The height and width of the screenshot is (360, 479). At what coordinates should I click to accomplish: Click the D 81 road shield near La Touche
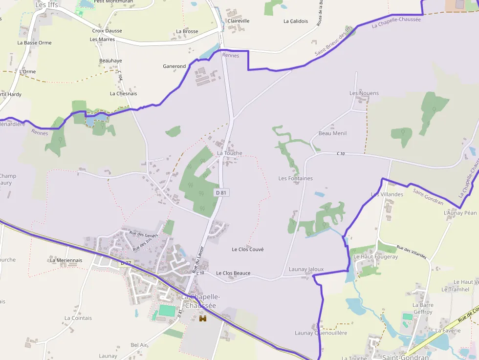pos(221,193)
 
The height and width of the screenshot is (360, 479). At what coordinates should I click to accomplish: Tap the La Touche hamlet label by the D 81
pos(230,153)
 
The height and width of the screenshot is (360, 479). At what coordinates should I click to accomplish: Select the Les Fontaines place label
pos(296,178)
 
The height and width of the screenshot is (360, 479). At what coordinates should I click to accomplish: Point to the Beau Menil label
pos(332,133)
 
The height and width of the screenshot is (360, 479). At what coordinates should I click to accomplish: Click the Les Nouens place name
pos(364,93)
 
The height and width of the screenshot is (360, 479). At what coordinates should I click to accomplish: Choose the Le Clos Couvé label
pos(248,250)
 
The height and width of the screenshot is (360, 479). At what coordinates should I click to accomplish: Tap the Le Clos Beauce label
pos(233,273)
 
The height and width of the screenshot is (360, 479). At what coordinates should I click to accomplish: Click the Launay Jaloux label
pos(306,269)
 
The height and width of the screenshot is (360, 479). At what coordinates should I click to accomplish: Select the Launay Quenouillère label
pos(321,333)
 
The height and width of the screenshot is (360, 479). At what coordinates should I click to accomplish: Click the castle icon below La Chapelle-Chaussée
pos(203,318)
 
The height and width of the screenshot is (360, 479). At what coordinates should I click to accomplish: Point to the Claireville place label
pos(239,21)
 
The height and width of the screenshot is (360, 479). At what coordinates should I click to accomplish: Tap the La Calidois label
pos(296,21)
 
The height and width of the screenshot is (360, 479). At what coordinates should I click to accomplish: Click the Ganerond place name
pos(174,66)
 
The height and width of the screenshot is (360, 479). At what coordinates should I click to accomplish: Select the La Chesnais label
pos(123,93)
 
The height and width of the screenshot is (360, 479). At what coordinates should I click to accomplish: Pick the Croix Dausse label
pos(107,31)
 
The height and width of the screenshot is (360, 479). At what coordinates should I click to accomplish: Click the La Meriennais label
pos(66,260)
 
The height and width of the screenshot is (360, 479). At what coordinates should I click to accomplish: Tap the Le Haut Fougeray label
pos(375,256)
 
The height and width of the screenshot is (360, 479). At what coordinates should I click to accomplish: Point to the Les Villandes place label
pos(387,194)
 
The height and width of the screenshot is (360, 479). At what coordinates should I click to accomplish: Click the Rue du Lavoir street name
pos(197,259)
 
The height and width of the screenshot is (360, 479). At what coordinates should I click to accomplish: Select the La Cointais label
pos(78,318)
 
